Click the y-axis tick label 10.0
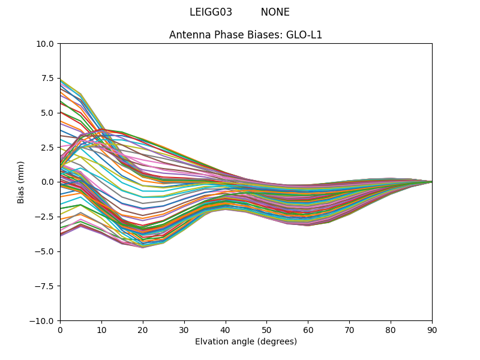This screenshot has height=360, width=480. [46, 44]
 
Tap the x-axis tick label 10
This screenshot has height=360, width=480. [101, 331]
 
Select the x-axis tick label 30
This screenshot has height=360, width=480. [184, 331]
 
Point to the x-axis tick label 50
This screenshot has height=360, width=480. [266, 331]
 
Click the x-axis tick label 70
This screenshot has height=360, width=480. [349, 331]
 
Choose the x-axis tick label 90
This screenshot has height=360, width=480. [432, 331]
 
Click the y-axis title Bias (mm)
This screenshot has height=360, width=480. [21, 182]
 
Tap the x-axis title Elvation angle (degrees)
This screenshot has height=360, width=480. [246, 342]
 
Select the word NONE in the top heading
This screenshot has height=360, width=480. [275, 12]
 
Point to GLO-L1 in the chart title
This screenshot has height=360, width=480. [304, 35]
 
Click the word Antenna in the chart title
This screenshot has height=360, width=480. [187, 35]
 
